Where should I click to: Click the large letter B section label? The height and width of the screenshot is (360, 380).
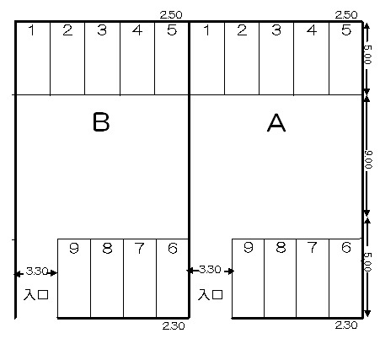(x=101, y=122)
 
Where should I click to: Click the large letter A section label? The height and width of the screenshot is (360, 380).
(x=276, y=123)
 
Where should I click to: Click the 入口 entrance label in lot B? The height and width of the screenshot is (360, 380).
(x=36, y=294)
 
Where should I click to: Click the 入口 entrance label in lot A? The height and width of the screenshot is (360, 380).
(x=211, y=294)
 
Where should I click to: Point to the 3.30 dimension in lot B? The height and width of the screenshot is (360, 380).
(x=37, y=271)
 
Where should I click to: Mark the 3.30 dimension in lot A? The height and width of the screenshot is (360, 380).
(x=210, y=270)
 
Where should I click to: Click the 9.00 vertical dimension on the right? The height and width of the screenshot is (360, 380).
(x=368, y=159)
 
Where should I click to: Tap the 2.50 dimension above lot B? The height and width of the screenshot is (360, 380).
(x=171, y=15)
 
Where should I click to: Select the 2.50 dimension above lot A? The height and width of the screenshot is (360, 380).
(x=346, y=15)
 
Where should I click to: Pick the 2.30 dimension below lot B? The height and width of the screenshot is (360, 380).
(x=174, y=326)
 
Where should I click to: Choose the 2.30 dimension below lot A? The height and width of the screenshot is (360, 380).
(x=346, y=325)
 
